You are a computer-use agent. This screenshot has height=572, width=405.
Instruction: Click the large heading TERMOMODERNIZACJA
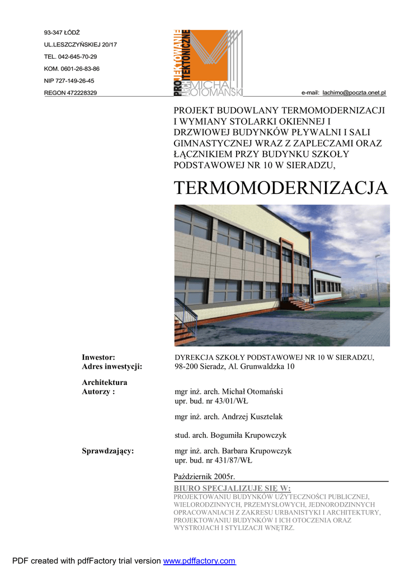[x=280, y=188]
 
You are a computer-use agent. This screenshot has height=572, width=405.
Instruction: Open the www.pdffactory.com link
[x=199, y=561]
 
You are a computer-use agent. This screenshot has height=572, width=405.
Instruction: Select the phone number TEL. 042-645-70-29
[x=70, y=56]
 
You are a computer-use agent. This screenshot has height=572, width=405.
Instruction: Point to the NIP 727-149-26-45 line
[x=69, y=80]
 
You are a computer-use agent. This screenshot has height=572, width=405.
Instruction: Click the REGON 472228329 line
[x=70, y=93]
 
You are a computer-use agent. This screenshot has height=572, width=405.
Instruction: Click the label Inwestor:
[x=98, y=357]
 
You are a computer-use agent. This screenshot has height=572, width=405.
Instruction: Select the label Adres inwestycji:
[x=112, y=366]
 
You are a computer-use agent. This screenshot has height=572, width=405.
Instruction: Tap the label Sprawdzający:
[x=108, y=451]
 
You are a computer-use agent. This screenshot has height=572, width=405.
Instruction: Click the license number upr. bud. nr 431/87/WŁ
[x=214, y=461]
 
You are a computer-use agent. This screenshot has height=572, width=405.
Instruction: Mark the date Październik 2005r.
[x=205, y=476]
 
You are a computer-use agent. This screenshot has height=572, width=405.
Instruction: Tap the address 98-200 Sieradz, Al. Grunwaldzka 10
[x=234, y=366]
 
